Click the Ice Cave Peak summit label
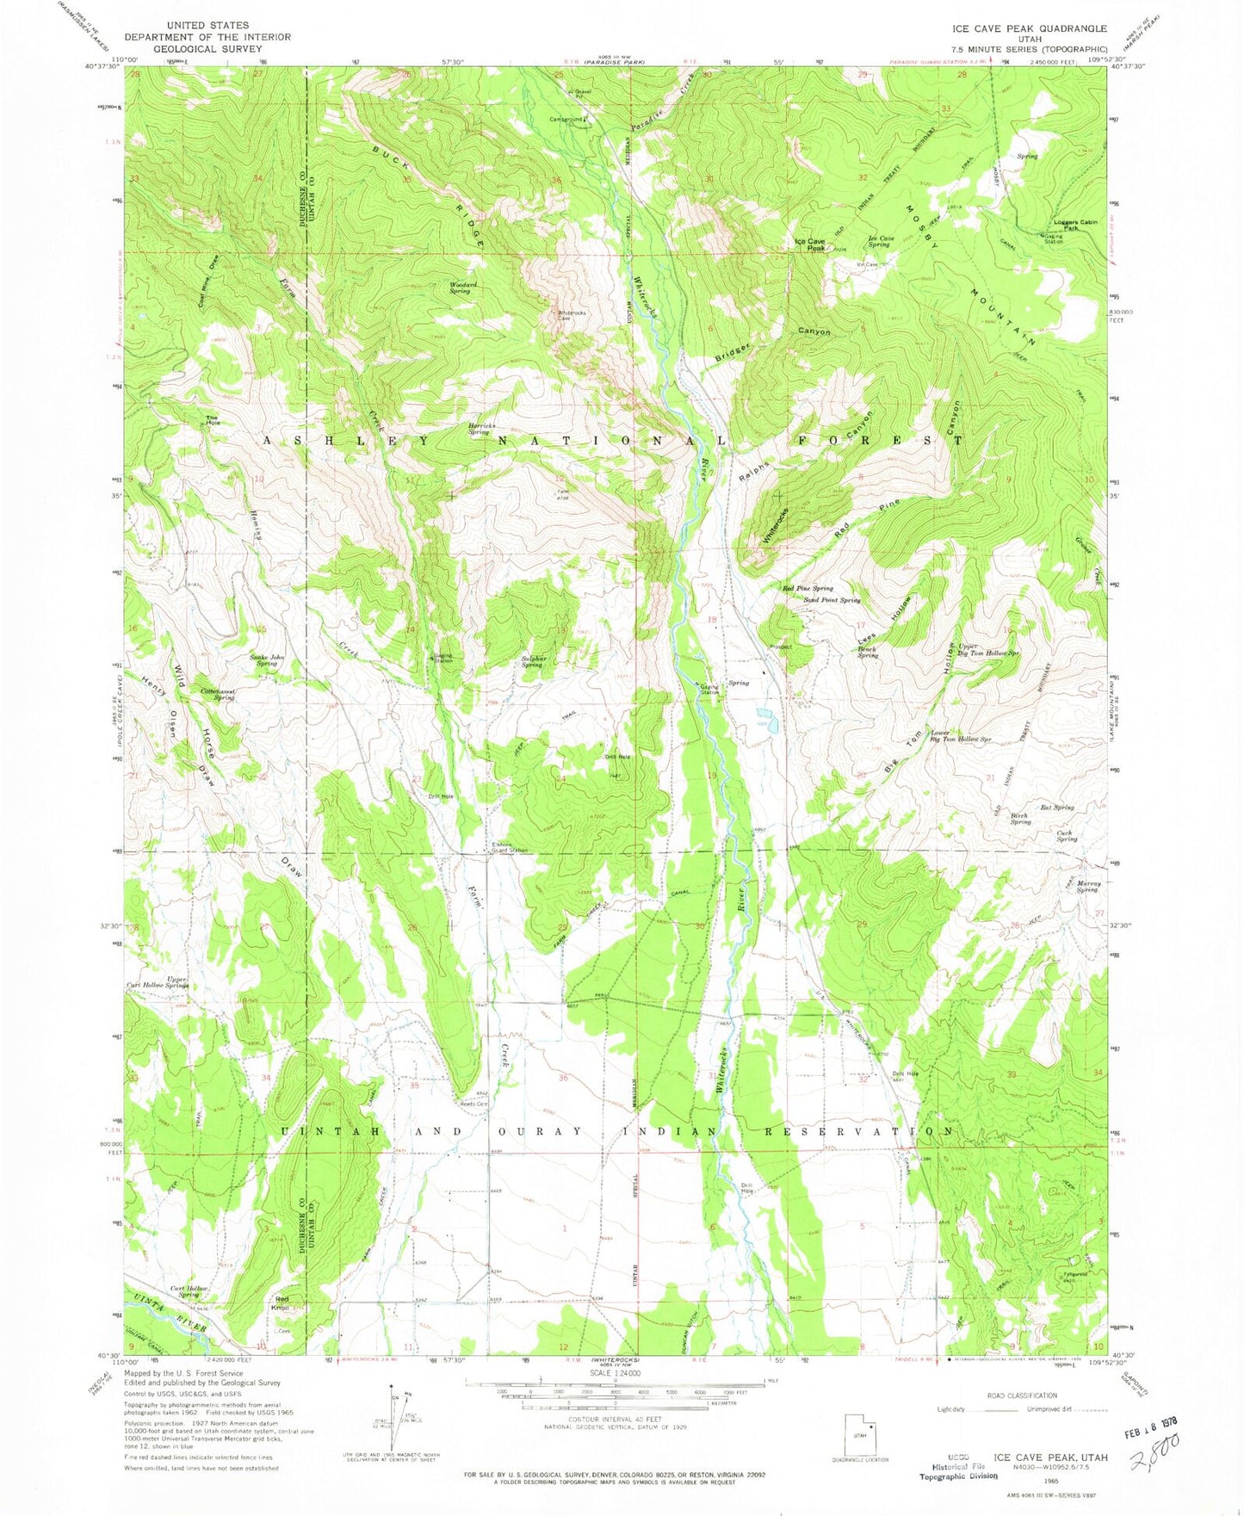810,244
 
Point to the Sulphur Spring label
532,661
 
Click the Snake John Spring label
266,660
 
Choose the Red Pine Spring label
807,588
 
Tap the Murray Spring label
1087,887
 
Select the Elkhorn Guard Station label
505,847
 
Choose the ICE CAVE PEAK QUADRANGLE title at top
1024,28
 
